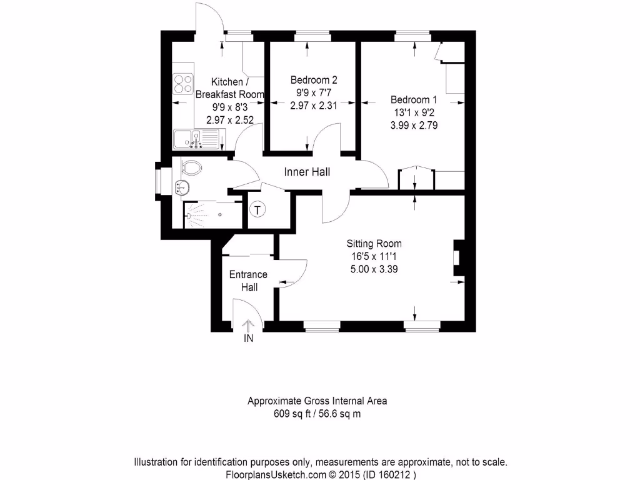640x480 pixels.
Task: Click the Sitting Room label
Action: [x=374, y=244]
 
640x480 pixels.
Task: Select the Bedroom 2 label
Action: [x=314, y=80]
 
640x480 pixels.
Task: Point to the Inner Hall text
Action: [x=307, y=172]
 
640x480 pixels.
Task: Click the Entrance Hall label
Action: [x=248, y=281]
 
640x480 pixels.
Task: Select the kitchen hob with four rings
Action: [x=182, y=84]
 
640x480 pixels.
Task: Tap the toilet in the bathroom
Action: [x=190, y=167]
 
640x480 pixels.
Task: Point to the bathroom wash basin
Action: [x=182, y=186]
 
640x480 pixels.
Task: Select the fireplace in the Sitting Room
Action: [x=457, y=257]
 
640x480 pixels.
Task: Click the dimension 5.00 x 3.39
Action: [x=374, y=269]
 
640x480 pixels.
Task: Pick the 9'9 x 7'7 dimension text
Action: [x=314, y=93]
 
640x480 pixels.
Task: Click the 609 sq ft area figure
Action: [x=294, y=414]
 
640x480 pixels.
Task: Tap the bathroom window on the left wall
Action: [x=158, y=181]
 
